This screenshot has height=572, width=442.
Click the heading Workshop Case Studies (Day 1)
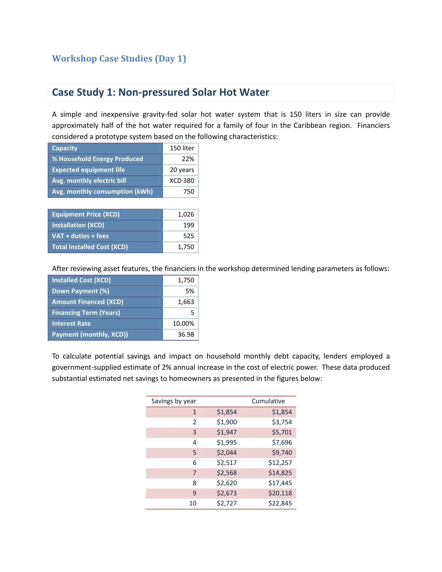[x=119, y=58]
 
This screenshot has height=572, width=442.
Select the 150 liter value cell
[x=182, y=148]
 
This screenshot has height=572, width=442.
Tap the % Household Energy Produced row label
[x=97, y=159]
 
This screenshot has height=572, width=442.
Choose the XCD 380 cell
[x=182, y=181]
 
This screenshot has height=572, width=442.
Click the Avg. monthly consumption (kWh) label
[x=102, y=191]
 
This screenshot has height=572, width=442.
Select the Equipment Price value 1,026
[x=186, y=214]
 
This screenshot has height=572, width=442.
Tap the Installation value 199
[x=188, y=225]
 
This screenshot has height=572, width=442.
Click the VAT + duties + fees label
[x=80, y=236]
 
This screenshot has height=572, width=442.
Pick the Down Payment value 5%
[x=190, y=291]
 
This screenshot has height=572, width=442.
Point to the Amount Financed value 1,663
[x=186, y=302]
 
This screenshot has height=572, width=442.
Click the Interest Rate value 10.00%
[x=183, y=324]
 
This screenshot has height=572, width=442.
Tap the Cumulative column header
[x=268, y=401]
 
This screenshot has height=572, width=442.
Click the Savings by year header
[x=174, y=401]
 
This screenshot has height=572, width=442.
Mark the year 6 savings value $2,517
[x=226, y=463]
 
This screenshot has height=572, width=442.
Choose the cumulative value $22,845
[x=280, y=503]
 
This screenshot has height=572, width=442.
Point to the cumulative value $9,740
[x=282, y=453]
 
